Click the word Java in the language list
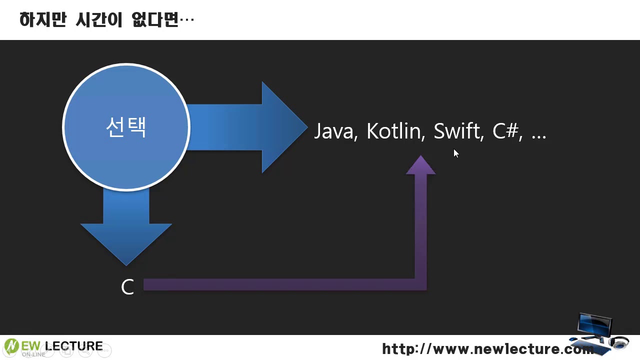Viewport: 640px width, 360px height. click(x=334, y=131)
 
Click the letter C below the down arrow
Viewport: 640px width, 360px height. click(x=127, y=287)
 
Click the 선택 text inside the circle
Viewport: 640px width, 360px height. click(x=126, y=127)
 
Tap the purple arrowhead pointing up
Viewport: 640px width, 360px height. click(x=420, y=166)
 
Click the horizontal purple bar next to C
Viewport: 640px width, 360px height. click(x=280, y=284)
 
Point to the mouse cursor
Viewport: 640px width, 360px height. click(x=455, y=152)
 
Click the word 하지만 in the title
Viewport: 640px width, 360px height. click(x=42, y=20)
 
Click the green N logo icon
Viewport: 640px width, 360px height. click(x=11, y=345)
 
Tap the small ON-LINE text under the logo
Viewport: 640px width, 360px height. click(x=33, y=354)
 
